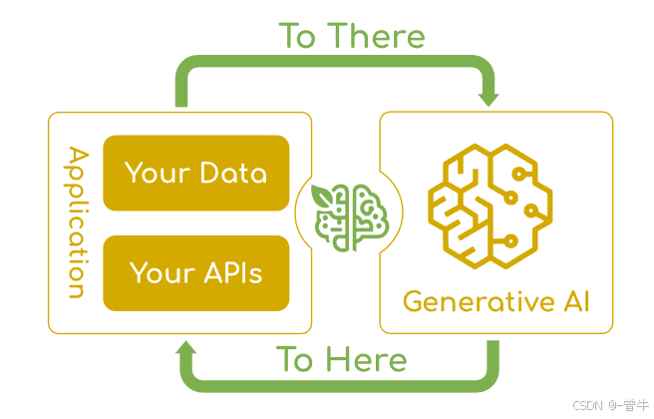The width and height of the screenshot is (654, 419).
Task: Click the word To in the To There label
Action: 297,36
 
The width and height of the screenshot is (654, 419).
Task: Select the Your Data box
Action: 195,173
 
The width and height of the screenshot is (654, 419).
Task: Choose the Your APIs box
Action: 195,271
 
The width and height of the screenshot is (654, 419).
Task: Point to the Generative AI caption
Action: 495,300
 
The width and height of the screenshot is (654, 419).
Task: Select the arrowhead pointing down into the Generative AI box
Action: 488,98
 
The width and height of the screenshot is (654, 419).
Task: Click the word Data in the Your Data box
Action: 232,173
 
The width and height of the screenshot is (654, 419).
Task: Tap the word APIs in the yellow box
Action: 231,271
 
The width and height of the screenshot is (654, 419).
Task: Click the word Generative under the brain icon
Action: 473,300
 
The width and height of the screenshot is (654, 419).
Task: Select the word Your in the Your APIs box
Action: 160,271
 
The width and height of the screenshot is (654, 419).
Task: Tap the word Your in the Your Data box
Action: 156,173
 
